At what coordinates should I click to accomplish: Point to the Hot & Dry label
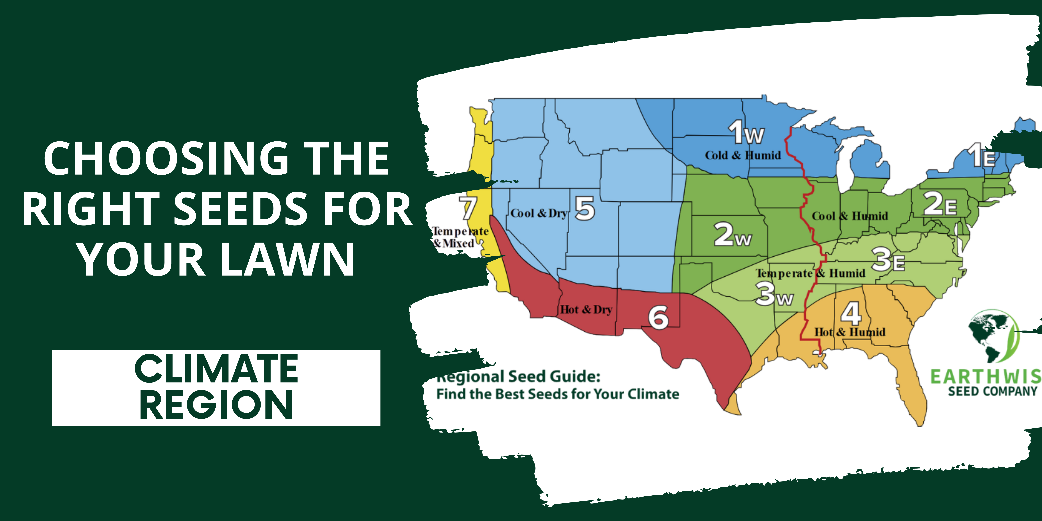[x=586, y=310]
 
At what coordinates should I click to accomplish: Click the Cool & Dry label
[x=539, y=214]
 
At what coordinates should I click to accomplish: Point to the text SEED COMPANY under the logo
[x=993, y=391]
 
